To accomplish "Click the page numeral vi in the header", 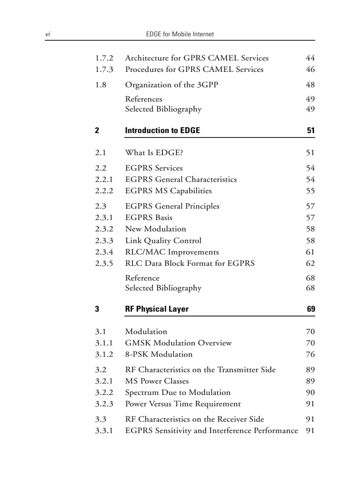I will pyautogui.click(x=47, y=34).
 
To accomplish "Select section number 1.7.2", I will pyautogui.click(x=104, y=58).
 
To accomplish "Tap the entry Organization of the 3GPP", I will pyautogui.click(x=171, y=85).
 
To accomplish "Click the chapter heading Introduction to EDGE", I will pyautogui.click(x=162, y=130).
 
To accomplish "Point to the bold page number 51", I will pyautogui.click(x=311, y=130).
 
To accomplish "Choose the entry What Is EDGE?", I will pyautogui.click(x=154, y=153).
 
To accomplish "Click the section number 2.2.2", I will pyautogui.click(x=104, y=191).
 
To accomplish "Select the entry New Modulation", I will pyautogui.click(x=155, y=229).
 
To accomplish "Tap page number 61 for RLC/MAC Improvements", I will pyautogui.click(x=310, y=252).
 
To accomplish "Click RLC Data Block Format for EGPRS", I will pyautogui.click(x=190, y=264).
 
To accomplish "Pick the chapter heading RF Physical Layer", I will pyautogui.click(x=157, y=309).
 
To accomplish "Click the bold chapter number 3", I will pyautogui.click(x=97, y=309).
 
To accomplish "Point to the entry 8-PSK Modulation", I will pyautogui.click(x=159, y=354).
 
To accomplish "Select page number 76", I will pyautogui.click(x=310, y=354).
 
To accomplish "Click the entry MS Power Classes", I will pyautogui.click(x=157, y=381).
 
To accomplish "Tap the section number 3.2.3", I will pyautogui.click(x=104, y=404).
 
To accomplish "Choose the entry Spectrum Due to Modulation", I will pyautogui.click(x=178, y=393).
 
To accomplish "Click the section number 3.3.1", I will pyautogui.click(x=104, y=431).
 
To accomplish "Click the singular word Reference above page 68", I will pyautogui.click(x=142, y=278).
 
